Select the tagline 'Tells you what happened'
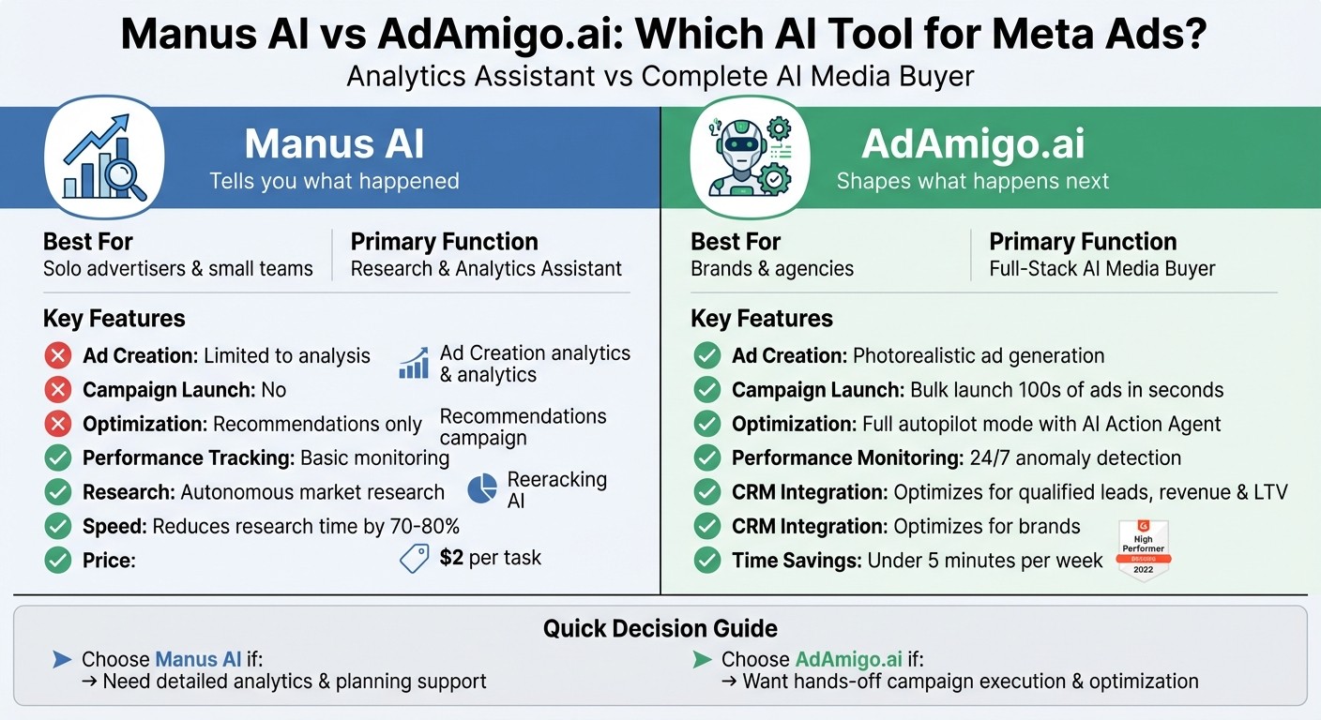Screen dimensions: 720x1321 pos(334,181)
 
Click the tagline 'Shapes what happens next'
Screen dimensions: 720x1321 pos(972,181)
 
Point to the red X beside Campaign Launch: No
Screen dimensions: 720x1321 pos(58,390)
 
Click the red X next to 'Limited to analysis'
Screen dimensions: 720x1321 pos(58,356)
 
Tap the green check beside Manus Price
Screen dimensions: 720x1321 pos(58,561)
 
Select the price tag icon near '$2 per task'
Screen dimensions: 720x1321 pos(414,559)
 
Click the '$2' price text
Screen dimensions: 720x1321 pos(451,558)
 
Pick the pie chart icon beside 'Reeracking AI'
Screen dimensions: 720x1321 pos(482,488)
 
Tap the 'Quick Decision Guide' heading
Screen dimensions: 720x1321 pos(660,628)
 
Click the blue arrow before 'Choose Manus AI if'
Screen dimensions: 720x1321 pos(62,659)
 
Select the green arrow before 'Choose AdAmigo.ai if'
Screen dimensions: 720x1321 pos(701,659)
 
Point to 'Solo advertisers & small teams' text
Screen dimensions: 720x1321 pos(178,269)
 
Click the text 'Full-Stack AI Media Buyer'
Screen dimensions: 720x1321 pos(1101,269)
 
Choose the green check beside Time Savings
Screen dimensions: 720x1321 pos(706,561)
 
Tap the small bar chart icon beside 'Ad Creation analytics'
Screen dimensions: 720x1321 pos(413,364)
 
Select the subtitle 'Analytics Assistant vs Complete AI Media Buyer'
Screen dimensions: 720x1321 pos(660,75)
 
